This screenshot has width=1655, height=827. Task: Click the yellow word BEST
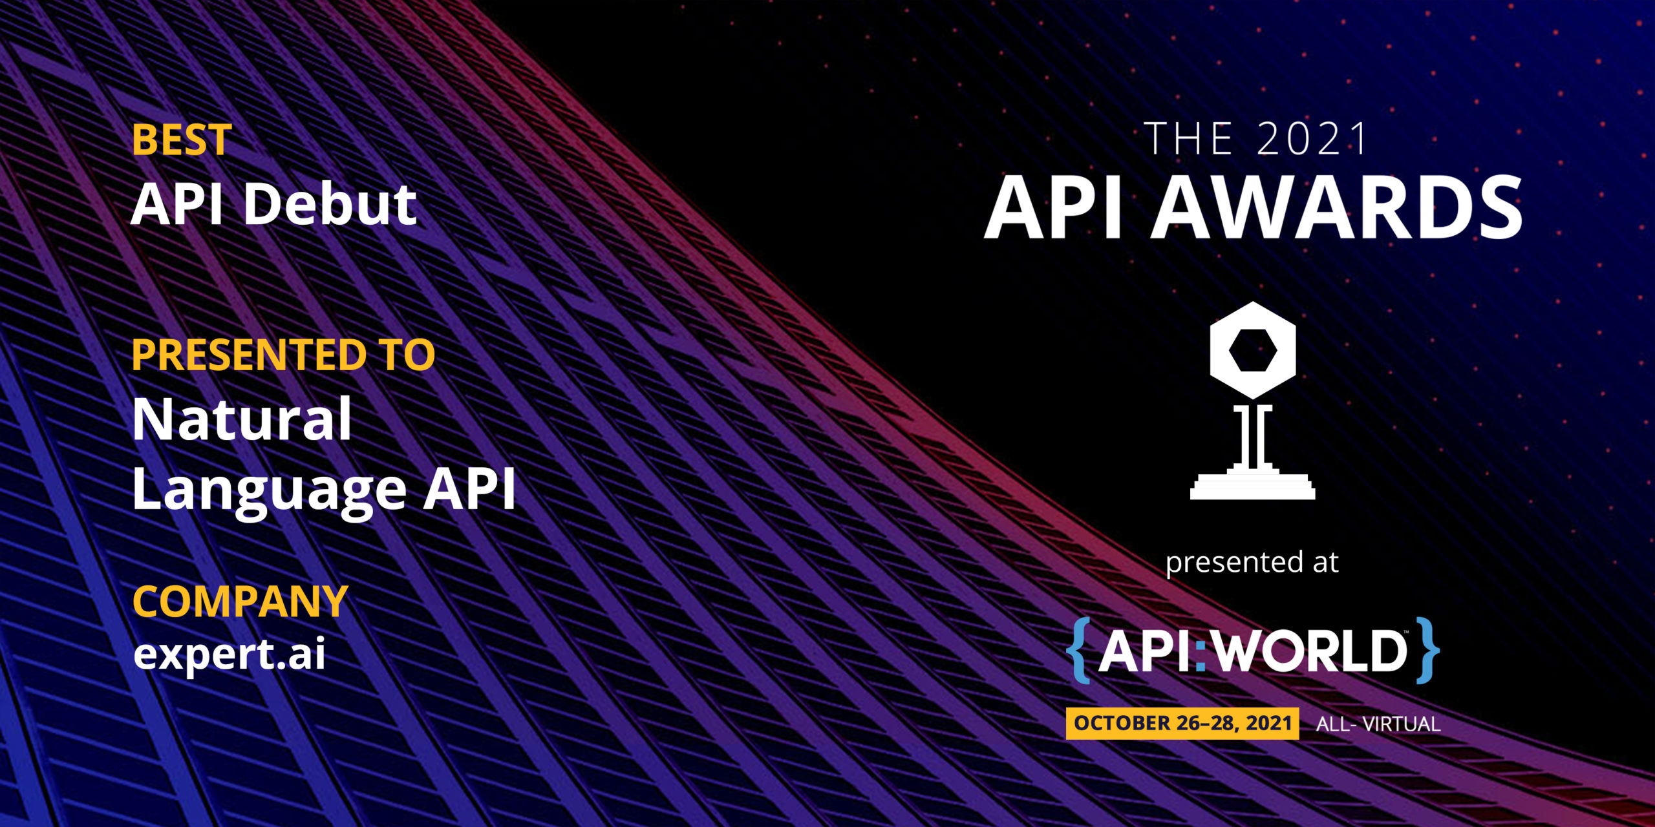[x=182, y=140]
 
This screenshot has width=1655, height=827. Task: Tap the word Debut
[x=330, y=204]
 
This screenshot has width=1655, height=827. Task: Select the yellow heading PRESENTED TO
[x=283, y=355]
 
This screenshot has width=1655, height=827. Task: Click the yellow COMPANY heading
[x=240, y=602]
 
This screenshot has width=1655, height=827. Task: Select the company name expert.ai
[x=230, y=654]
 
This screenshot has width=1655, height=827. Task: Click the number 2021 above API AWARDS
[x=1312, y=139]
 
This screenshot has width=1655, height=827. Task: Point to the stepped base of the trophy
[x=1253, y=483]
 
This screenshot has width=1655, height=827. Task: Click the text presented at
[x=1252, y=563]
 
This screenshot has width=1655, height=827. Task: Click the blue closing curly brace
[x=1427, y=650]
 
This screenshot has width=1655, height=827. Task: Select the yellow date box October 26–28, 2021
[x=1182, y=723]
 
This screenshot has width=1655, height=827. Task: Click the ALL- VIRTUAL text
[x=1378, y=724]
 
